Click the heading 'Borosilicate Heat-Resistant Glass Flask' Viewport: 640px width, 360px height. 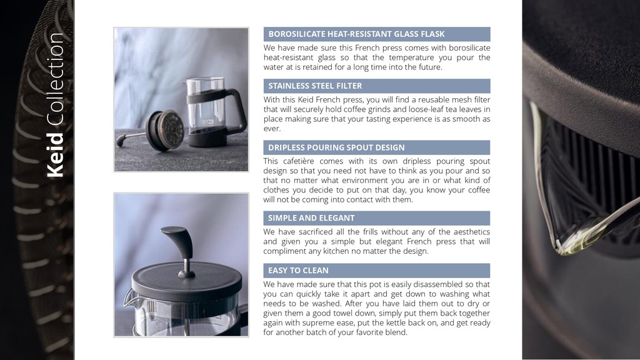click(x=356, y=34)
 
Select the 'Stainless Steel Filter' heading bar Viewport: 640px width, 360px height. click(x=377, y=86)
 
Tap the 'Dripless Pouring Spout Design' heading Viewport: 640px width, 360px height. click(x=336, y=147)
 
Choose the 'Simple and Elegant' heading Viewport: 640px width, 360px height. click(x=311, y=218)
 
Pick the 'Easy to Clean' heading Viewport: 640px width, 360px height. click(x=298, y=270)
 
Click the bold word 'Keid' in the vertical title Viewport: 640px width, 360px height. click(x=56, y=155)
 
